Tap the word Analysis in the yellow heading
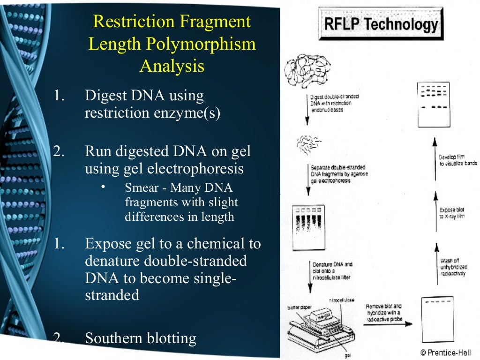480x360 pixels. [172, 66]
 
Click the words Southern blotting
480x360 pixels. [140, 338]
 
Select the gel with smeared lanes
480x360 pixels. [309, 227]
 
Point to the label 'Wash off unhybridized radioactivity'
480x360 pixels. [453, 267]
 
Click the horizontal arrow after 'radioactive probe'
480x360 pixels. [390, 323]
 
